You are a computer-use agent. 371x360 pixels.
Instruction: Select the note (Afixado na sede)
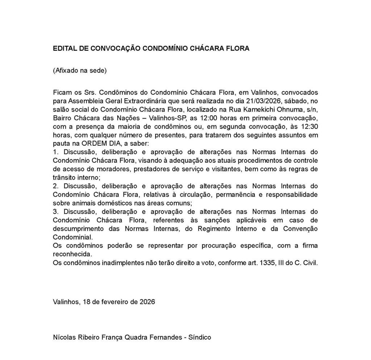(x=80, y=70)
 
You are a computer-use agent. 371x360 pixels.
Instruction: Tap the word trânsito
(x=64, y=178)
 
